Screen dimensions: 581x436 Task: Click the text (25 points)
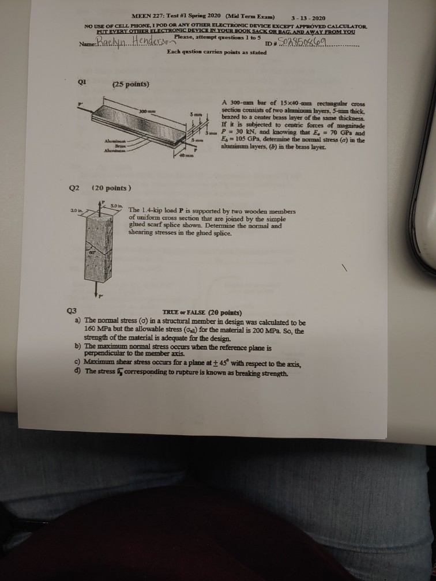pyautogui.click(x=131, y=85)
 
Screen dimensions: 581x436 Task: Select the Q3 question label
pyautogui.click(x=71, y=310)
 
